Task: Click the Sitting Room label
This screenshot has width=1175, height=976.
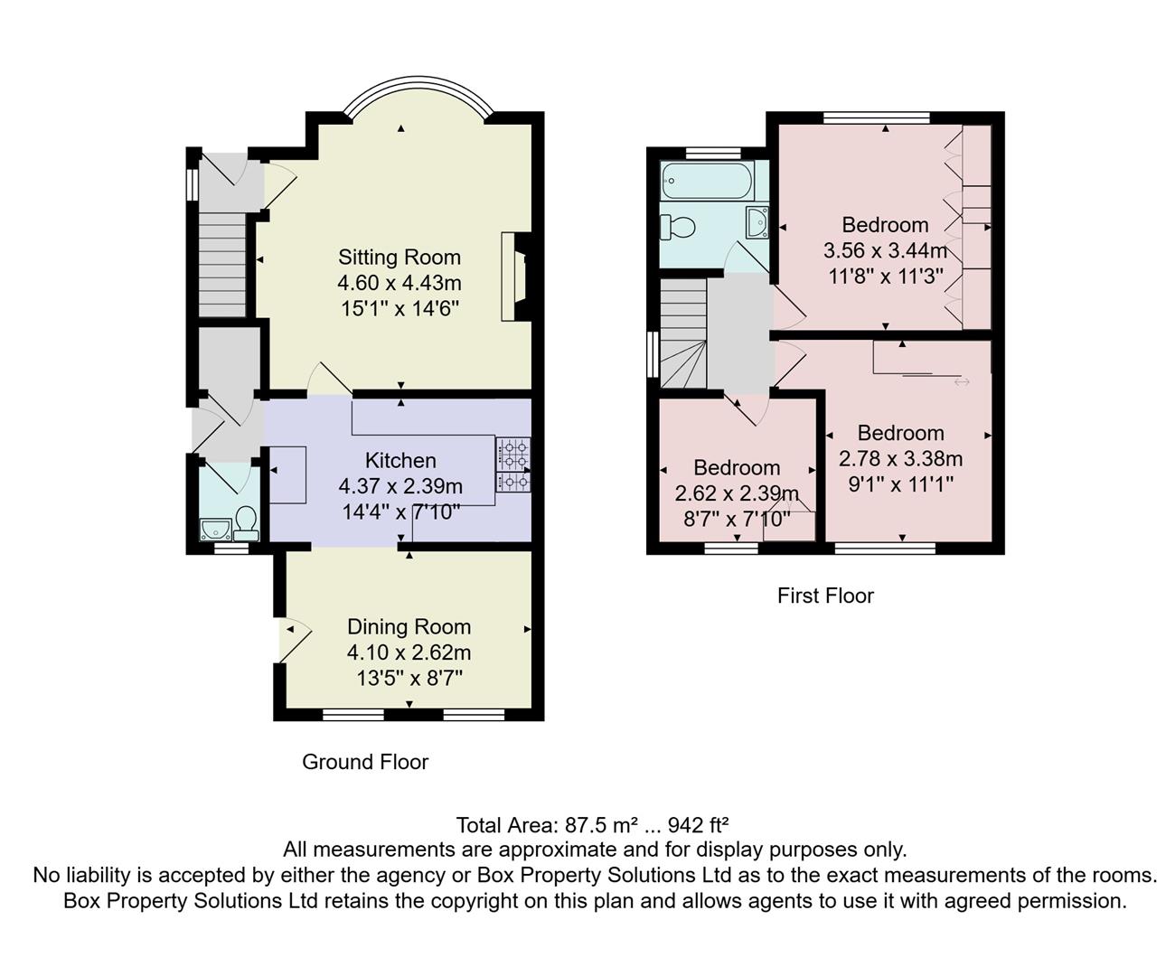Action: click(x=399, y=258)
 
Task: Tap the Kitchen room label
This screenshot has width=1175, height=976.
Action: click(x=400, y=461)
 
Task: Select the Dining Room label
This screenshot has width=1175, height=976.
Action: click(x=409, y=627)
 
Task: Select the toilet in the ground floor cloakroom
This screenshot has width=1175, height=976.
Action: click(x=246, y=521)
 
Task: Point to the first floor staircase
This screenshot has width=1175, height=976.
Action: click(x=682, y=334)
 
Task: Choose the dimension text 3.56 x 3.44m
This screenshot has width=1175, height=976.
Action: click(x=885, y=250)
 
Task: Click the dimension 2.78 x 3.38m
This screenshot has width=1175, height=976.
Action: click(x=900, y=458)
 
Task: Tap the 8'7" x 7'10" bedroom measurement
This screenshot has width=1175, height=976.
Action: click(x=737, y=519)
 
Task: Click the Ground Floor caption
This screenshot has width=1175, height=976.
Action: click(x=365, y=762)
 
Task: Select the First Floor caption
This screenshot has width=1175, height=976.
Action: click(x=825, y=596)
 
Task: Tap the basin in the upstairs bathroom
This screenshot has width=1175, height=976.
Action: click(x=757, y=220)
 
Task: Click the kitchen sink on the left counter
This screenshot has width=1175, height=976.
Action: click(x=287, y=474)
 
